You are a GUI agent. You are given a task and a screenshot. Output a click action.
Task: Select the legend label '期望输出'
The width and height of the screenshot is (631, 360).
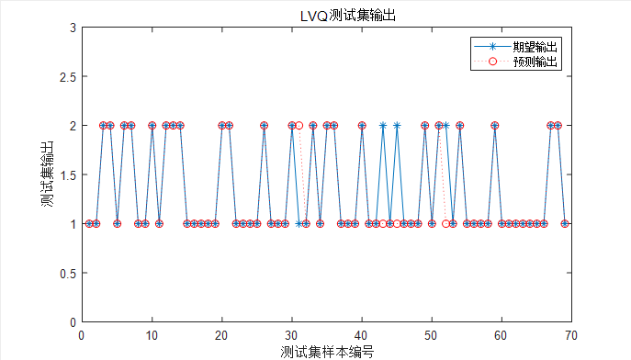[536, 45]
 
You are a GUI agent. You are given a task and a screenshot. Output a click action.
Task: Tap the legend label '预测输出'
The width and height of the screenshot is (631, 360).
[536, 61]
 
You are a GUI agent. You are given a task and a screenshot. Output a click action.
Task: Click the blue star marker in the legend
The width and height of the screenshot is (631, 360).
[492, 45]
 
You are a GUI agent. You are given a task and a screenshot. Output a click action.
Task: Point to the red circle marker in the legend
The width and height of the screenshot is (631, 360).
[492, 61]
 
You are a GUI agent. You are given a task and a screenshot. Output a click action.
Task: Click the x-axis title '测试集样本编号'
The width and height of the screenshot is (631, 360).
[326, 351]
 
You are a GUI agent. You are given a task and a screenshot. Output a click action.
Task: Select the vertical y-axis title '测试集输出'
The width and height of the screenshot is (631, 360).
[46, 174]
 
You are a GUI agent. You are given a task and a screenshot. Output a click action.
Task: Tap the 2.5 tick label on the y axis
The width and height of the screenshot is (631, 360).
[65, 76]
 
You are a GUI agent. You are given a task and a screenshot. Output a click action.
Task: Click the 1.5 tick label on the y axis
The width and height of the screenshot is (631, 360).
[65, 174]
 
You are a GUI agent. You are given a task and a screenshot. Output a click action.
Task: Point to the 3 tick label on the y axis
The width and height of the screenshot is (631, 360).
[71, 28]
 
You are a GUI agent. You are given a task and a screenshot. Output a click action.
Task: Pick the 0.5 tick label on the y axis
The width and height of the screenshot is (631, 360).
[65, 273]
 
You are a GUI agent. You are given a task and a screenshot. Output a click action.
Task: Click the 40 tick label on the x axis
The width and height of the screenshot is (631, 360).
[361, 334]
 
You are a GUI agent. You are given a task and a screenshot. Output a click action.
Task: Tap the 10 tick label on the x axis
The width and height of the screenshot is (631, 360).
[152, 334]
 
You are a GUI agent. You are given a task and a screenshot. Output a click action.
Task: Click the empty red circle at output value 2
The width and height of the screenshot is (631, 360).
[299, 125]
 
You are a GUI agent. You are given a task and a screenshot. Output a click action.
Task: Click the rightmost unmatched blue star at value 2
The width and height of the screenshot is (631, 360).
[445, 125]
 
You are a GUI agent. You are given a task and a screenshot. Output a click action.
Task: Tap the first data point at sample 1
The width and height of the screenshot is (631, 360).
[88, 223]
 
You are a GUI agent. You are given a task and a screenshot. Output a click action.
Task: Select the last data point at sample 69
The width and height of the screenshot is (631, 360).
[565, 223]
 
